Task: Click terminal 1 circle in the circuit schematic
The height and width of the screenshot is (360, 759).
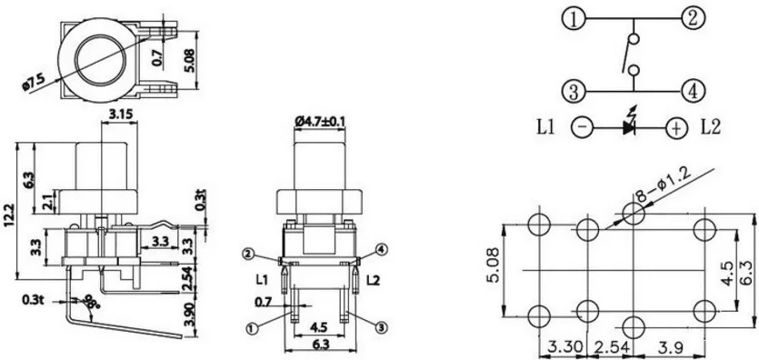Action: tap(574, 20)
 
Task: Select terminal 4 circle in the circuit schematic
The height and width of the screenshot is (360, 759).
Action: tap(694, 91)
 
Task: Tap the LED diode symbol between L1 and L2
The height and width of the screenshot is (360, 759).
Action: tap(629, 124)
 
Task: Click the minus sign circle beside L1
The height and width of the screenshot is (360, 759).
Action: tap(582, 128)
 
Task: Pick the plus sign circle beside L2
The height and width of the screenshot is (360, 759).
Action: tap(676, 128)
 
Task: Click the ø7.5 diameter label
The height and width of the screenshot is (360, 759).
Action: tap(34, 81)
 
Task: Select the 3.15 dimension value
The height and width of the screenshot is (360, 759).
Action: tap(120, 115)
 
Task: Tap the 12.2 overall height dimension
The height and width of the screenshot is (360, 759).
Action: tap(9, 215)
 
